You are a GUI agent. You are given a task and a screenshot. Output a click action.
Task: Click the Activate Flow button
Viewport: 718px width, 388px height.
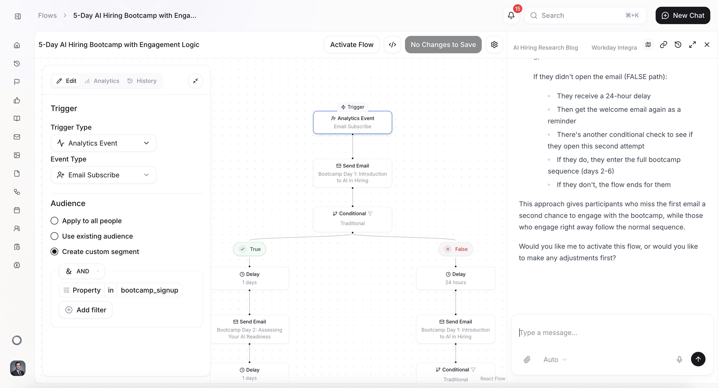point(352,45)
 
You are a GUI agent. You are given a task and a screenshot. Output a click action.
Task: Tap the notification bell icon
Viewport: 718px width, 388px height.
point(511,15)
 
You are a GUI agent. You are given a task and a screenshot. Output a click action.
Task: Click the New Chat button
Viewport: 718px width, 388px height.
point(683,15)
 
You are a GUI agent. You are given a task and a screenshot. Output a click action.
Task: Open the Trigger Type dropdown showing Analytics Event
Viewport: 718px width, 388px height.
point(103,143)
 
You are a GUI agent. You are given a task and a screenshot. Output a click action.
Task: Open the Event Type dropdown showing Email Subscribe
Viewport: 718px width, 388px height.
point(103,175)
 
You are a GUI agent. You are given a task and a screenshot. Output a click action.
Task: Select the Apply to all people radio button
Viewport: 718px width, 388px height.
point(54,221)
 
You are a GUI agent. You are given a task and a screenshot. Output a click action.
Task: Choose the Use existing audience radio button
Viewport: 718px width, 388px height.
point(54,236)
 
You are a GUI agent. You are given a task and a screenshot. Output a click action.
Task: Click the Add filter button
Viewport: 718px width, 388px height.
point(85,310)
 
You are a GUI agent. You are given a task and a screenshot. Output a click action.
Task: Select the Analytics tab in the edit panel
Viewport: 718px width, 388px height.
point(102,81)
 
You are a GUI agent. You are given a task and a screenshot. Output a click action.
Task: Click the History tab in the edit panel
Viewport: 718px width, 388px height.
point(142,81)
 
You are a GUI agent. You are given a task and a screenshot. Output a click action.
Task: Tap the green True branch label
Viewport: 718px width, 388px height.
point(249,249)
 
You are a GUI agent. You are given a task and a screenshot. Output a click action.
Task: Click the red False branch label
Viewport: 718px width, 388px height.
point(456,249)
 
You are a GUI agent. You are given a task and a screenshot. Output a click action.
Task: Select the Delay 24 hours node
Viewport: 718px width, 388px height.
point(456,278)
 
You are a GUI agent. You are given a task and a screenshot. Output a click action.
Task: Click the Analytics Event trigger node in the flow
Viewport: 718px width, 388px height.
point(352,122)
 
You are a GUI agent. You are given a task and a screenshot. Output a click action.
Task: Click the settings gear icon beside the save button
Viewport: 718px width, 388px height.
point(494,45)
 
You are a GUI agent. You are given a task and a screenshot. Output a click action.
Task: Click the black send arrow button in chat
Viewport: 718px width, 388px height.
point(698,359)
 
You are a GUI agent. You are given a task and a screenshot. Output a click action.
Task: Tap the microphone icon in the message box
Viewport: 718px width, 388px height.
point(679,359)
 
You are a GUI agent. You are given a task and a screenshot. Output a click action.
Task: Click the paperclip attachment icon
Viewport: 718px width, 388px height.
point(527,359)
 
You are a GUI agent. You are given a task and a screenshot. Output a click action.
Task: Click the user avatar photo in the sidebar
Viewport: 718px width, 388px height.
point(18,368)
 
